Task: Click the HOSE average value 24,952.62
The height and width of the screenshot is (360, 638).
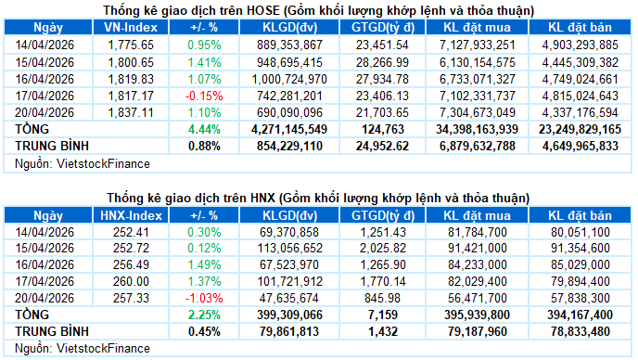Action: click(381, 145)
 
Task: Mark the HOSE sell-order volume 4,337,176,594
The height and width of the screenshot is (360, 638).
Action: click(581, 111)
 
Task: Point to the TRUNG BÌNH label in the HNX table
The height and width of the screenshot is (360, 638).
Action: click(50, 331)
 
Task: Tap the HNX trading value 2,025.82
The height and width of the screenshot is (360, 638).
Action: click(381, 248)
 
